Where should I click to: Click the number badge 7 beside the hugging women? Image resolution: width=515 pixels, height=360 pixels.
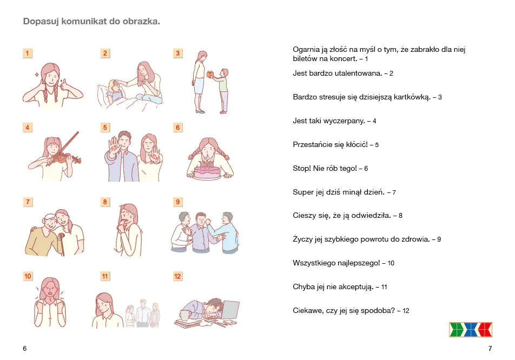tap(28, 202)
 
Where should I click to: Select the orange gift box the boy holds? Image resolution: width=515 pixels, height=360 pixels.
tap(210, 74)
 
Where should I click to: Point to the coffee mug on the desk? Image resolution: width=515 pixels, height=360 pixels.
tap(185, 315)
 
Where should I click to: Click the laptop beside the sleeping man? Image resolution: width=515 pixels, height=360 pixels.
tap(230, 310)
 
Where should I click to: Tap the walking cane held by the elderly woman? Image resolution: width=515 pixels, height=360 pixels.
tap(62, 243)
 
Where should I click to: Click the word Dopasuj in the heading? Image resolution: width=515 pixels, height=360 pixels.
tap(41, 21)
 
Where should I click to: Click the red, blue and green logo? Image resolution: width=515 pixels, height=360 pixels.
tap(470, 330)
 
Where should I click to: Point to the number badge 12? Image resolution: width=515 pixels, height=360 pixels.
tap(177, 276)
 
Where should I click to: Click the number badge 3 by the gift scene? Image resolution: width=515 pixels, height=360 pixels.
tap(177, 53)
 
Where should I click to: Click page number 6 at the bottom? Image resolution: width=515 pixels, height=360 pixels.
tap(25, 349)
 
